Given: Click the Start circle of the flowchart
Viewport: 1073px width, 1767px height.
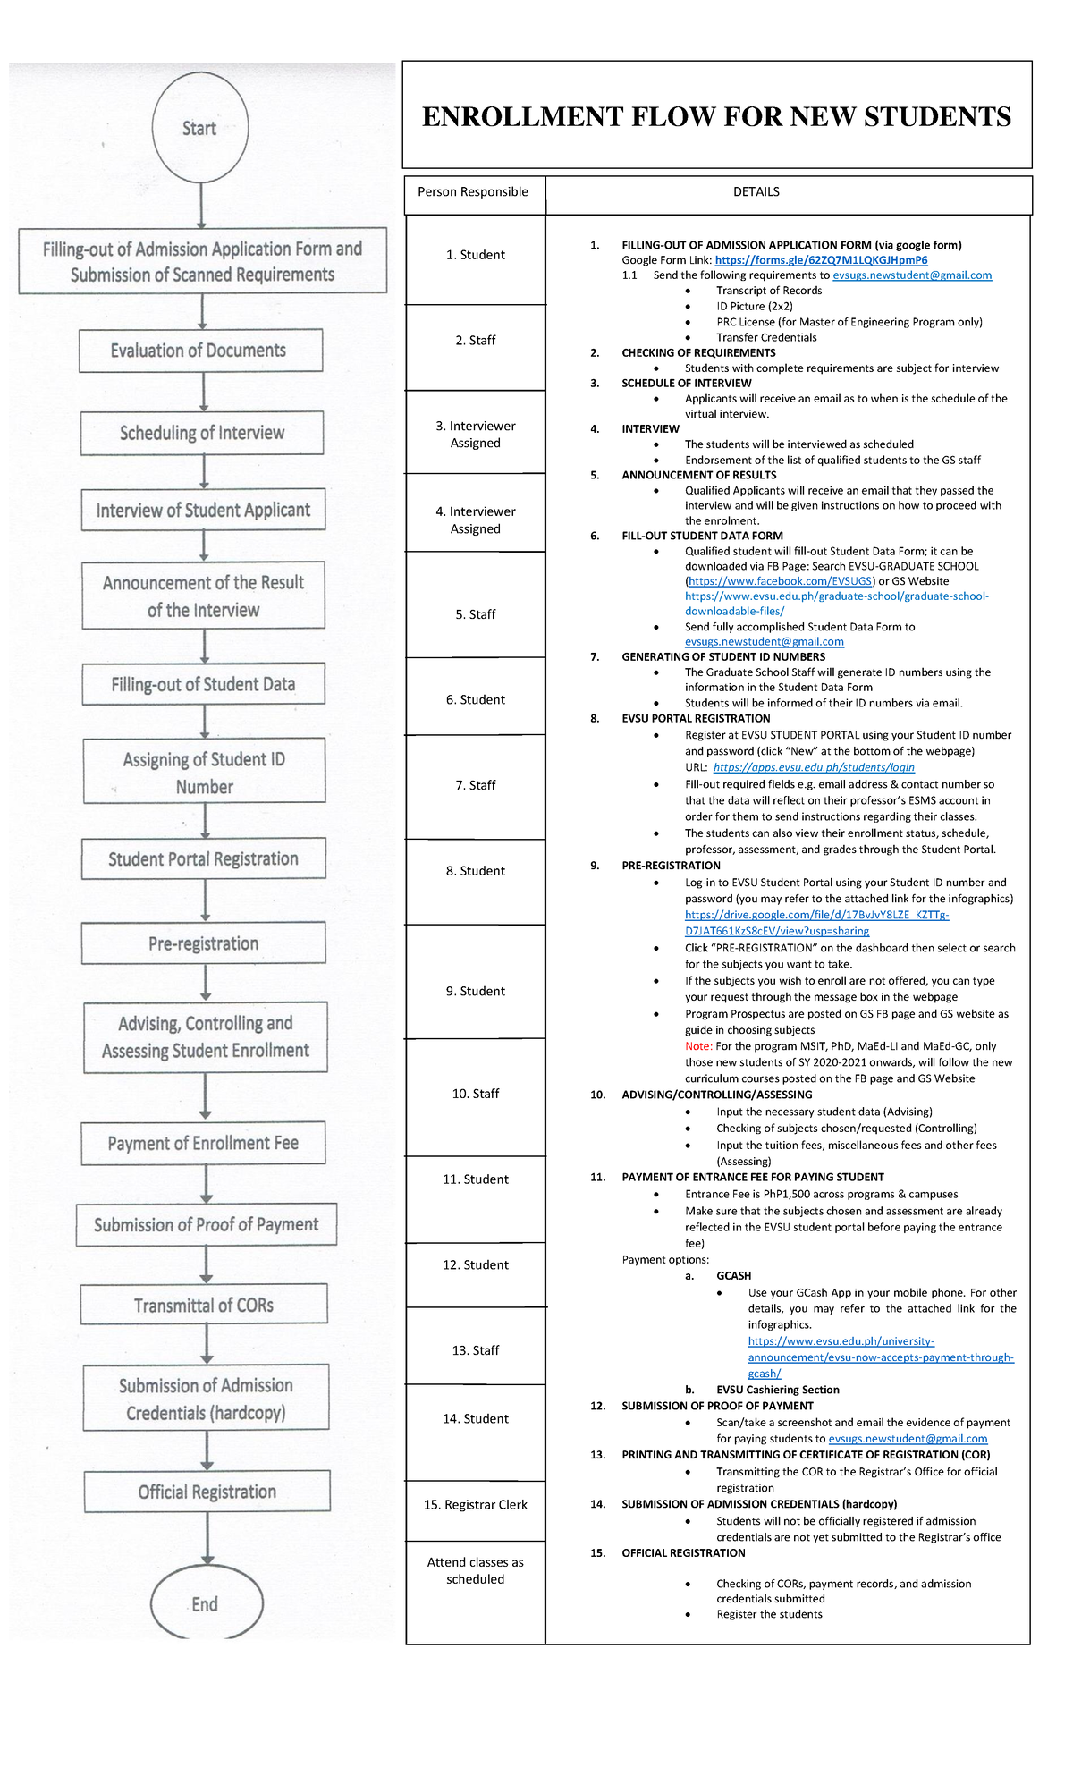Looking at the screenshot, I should point(199,128).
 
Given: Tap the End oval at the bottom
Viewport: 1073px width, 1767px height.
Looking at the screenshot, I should point(206,1603).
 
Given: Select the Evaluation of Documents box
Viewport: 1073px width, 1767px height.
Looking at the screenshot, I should point(200,351).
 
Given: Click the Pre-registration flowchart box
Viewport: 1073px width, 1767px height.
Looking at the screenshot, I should point(204,943).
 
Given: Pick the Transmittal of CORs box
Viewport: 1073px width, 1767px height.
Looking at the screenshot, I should point(204,1305).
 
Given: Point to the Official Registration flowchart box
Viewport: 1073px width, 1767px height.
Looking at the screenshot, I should point(207,1492).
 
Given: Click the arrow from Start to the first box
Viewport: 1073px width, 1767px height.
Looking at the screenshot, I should point(201,205).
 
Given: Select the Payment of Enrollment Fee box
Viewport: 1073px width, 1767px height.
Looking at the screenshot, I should point(204,1143).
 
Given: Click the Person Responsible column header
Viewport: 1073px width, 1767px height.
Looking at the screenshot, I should point(473,192).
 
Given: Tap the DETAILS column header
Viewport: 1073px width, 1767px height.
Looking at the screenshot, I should point(756,192).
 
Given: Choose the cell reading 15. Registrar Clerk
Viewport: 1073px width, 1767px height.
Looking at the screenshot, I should point(476,1505).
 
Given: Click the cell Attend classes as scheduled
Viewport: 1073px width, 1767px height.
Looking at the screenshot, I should point(476,1570).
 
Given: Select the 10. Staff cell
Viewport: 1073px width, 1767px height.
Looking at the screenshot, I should point(476,1094).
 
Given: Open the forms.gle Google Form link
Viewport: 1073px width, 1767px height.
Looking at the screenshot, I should point(821,260).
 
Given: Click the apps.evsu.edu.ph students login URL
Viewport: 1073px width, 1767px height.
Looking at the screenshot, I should point(814,767).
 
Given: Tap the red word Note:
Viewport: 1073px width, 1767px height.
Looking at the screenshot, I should point(698,1046).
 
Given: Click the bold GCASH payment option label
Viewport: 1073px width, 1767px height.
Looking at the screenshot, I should point(733,1276).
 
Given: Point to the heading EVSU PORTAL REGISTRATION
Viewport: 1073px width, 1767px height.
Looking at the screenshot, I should point(696,718).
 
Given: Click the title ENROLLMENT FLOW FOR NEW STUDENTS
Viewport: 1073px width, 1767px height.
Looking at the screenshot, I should point(716,116).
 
